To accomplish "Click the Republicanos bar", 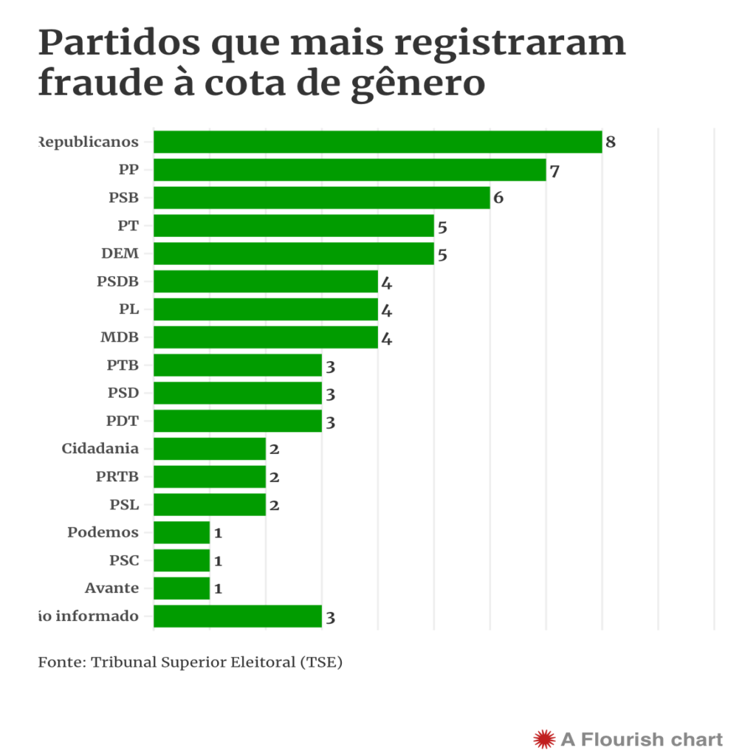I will pos(377,142).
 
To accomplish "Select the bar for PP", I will pos(349,170).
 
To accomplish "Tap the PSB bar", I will pos(321,198).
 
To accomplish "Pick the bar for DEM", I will pos(293,254).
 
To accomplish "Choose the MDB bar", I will pos(265,338).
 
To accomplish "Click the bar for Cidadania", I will pos(209,449).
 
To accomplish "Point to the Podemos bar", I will pos(182,532).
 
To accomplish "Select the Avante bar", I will pos(182,588).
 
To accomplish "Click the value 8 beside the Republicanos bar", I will pos(611,142).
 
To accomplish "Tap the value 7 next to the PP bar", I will pos(554,171).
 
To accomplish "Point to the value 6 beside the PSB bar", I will pos(498,199).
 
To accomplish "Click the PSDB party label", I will pos(117,281).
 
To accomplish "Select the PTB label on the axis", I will pos(123,365).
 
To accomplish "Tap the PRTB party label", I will pos(117,477).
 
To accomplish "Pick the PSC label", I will pos(124,560).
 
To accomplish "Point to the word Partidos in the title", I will pos(119,43).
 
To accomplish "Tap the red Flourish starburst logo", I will pos(543,738).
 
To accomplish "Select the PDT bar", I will pos(237,421).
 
